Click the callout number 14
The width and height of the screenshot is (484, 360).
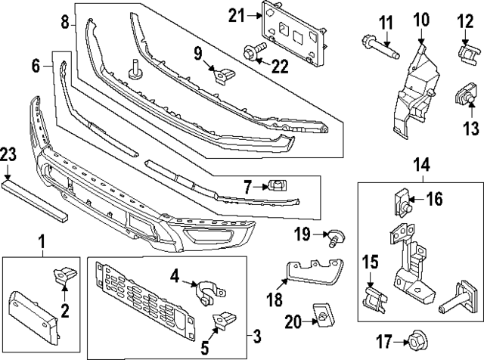pos(420,163)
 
